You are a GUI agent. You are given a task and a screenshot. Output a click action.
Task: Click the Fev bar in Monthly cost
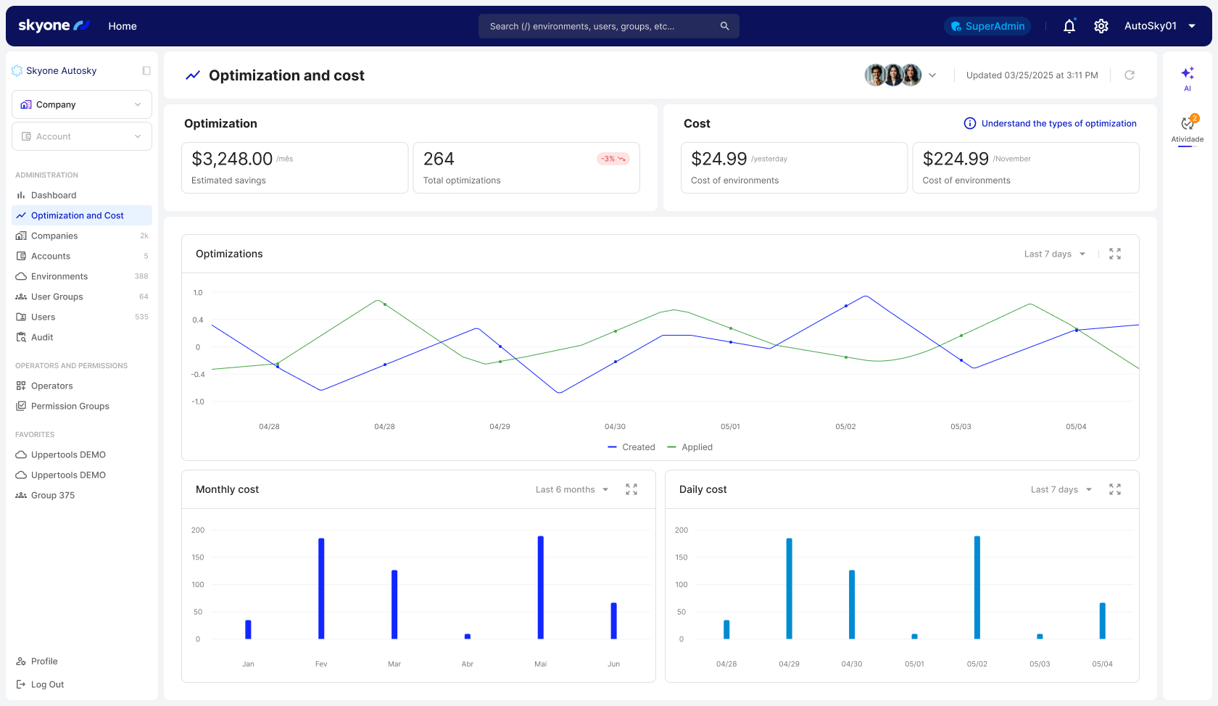pyautogui.click(x=321, y=588)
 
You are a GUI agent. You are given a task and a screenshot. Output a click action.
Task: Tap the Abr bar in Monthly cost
pyautogui.click(x=468, y=636)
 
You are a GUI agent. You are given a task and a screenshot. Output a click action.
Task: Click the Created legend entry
pyautogui.click(x=631, y=447)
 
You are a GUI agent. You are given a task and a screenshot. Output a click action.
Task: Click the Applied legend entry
pyautogui.click(x=690, y=447)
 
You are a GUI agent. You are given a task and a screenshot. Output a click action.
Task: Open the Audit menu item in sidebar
pyautogui.click(x=42, y=337)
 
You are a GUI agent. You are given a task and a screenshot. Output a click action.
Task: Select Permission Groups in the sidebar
pyautogui.click(x=70, y=406)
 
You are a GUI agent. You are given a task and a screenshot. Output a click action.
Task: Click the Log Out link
pyautogui.click(x=47, y=684)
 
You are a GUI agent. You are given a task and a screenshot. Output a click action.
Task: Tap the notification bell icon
pyautogui.click(x=1069, y=26)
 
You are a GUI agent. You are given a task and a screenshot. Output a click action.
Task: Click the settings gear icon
pyautogui.click(x=1101, y=26)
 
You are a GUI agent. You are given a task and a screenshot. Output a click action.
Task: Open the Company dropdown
pyautogui.click(x=81, y=104)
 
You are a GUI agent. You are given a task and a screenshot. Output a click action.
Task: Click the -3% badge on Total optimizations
pyautogui.click(x=613, y=159)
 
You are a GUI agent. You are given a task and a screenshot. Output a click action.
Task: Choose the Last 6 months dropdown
pyautogui.click(x=572, y=489)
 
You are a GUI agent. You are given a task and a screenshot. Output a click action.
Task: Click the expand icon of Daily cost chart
pyautogui.click(x=1114, y=489)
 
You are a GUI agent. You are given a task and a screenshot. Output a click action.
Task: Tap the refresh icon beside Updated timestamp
pyautogui.click(x=1129, y=75)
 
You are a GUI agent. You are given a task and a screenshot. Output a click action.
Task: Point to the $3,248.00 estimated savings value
pyautogui.click(x=232, y=159)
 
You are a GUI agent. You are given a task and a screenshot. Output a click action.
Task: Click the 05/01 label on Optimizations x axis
pyautogui.click(x=730, y=426)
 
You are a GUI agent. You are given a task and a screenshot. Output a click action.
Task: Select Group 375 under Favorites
pyautogui.click(x=52, y=495)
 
